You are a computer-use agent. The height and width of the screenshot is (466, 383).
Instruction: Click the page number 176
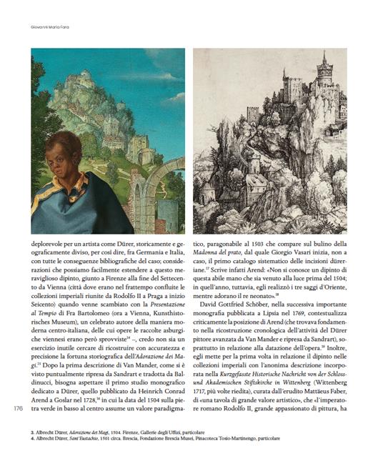(x=19, y=408)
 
